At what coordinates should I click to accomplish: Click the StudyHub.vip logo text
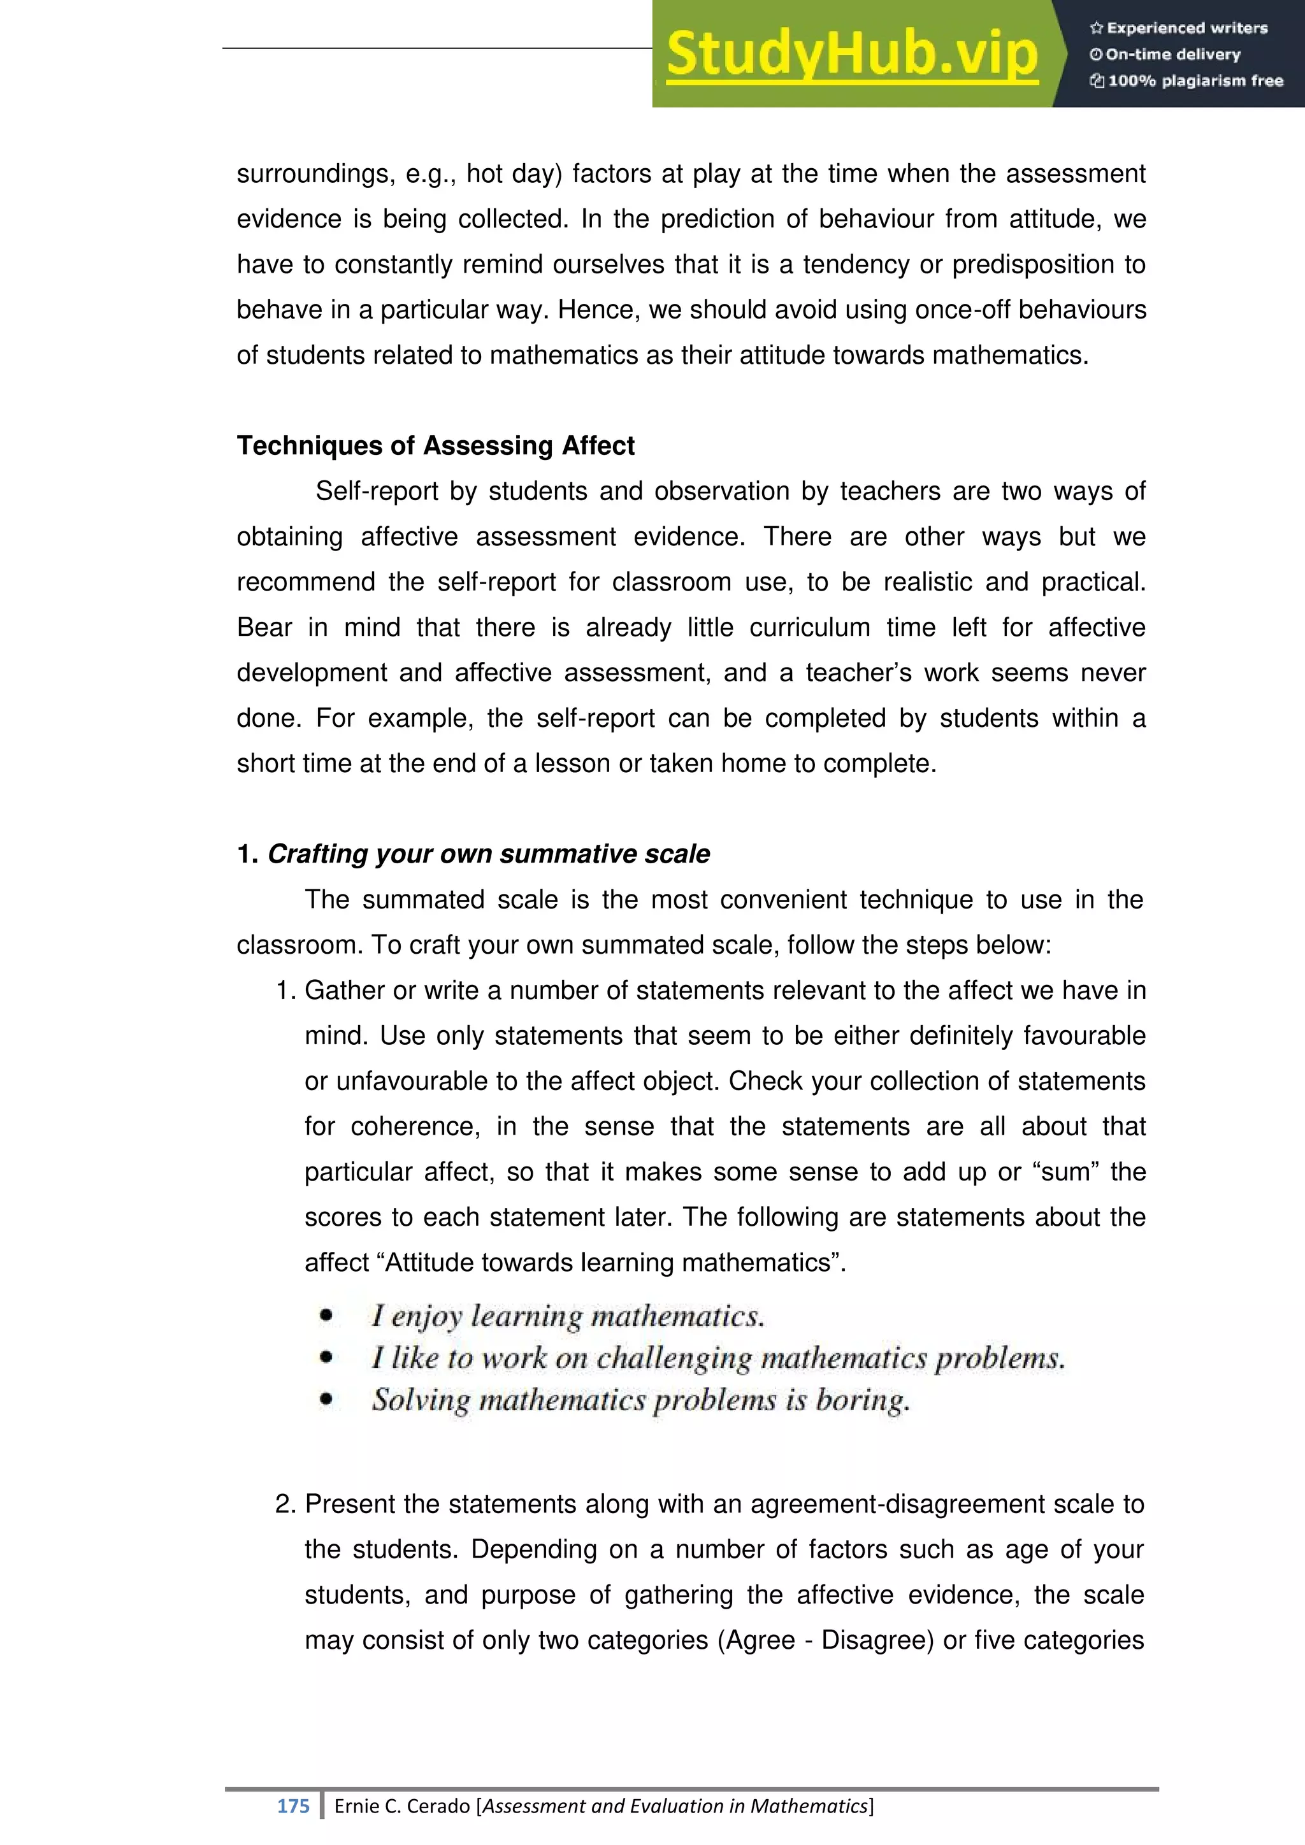[x=852, y=55]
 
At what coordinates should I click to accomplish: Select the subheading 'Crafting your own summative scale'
[x=489, y=854]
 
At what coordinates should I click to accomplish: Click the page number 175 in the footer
[x=292, y=1806]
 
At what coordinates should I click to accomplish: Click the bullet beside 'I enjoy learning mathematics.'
[x=326, y=1316]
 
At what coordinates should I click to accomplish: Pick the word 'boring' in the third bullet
[x=861, y=1400]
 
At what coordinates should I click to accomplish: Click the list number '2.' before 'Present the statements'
[x=286, y=1504]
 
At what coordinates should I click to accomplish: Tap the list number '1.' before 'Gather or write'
[x=286, y=990]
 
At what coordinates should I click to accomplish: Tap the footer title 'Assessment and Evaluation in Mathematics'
[x=675, y=1806]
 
